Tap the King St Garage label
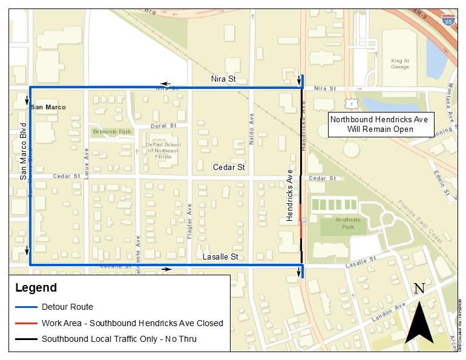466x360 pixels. pos(400,64)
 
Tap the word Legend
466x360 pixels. pos(36,288)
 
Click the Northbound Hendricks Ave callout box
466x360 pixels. pos(379,124)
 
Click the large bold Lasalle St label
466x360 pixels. pos(220,257)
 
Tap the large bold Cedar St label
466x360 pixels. pos(228,167)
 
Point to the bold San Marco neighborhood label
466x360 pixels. pos(48,107)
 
